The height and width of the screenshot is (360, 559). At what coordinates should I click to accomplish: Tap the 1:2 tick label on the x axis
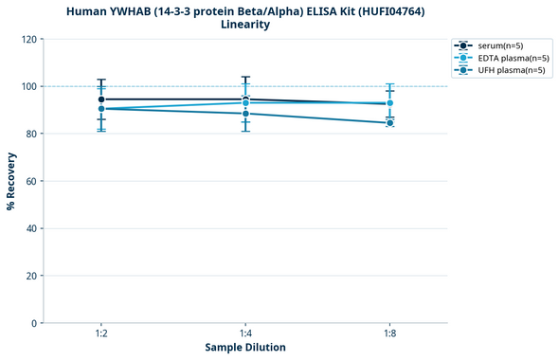(101, 334)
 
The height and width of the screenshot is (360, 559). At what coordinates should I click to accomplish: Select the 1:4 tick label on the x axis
(245, 334)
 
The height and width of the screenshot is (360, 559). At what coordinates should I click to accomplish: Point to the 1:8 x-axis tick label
(389, 334)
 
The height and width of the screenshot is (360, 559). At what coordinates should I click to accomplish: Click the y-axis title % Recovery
(11, 180)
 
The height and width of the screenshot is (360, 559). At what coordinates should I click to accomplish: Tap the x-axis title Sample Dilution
(245, 348)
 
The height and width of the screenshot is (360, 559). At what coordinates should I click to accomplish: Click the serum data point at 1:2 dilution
(101, 99)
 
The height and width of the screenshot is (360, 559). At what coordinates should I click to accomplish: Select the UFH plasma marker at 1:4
(245, 114)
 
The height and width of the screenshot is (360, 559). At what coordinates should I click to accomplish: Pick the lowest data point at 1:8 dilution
(389, 122)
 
